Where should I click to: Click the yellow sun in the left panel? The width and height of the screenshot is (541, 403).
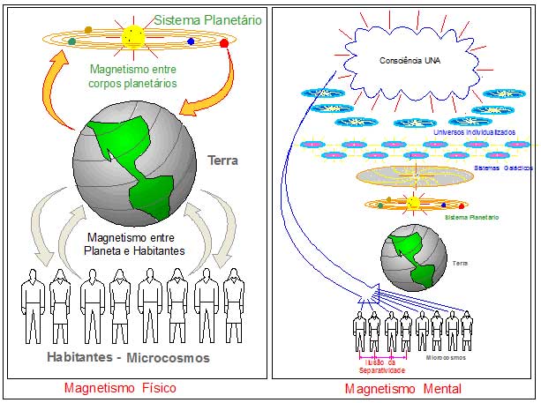(x=133, y=37)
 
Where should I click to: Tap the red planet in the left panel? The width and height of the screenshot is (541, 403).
(x=223, y=43)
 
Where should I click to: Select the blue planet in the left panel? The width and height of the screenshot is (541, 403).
(x=191, y=41)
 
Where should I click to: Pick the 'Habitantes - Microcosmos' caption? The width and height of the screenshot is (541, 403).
(x=128, y=357)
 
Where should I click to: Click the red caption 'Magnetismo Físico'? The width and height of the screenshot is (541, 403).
(x=120, y=388)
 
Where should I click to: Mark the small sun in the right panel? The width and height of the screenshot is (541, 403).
(x=412, y=204)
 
